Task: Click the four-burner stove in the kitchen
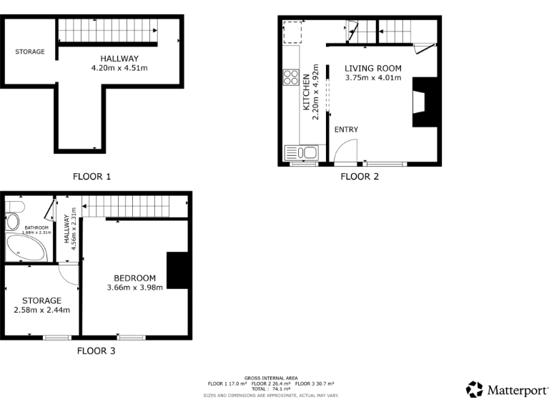click(291, 77)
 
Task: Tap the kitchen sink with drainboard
click(301, 152)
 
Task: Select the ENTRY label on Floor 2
click(346, 129)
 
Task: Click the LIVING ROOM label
click(373, 69)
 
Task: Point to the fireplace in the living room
click(422, 102)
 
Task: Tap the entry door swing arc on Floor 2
click(345, 150)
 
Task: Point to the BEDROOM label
click(134, 278)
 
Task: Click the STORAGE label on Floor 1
click(30, 51)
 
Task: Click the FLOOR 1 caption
click(92, 176)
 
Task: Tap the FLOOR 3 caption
click(96, 351)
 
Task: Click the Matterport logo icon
click(474, 389)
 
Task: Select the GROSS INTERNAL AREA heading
click(271, 378)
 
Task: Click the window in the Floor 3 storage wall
click(54, 337)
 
